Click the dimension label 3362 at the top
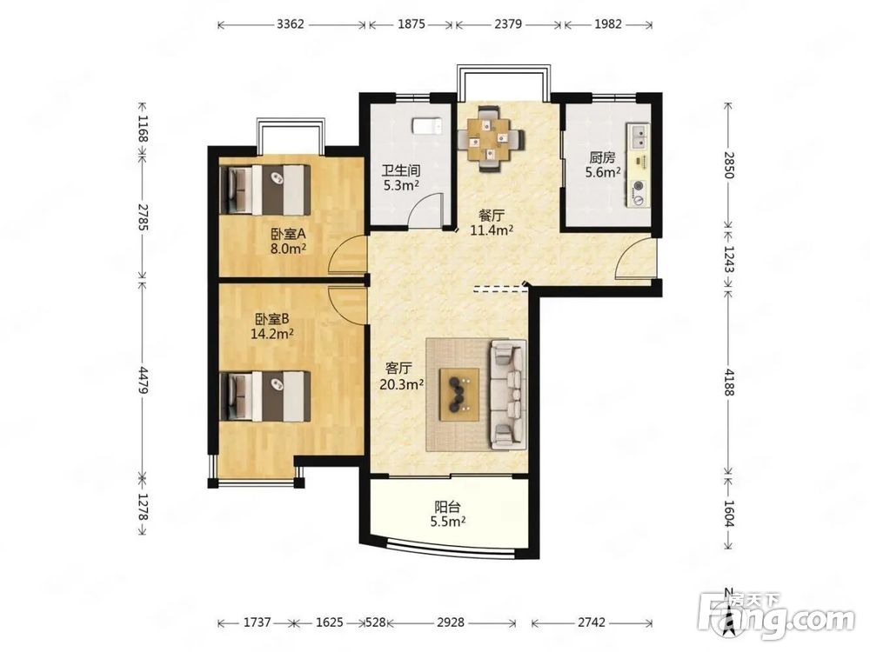[291, 24]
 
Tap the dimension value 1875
[412, 24]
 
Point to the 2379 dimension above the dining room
[508, 24]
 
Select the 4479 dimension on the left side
[144, 380]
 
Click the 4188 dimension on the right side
[729, 382]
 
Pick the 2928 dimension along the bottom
[450, 622]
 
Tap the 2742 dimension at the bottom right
[591, 622]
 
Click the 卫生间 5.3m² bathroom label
[401, 178]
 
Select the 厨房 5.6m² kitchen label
[603, 165]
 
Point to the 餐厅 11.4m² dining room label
[492, 223]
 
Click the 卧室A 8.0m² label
[289, 241]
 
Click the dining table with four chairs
[491, 139]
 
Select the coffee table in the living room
[459, 394]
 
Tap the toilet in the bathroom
[426, 126]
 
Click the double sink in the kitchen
[639, 137]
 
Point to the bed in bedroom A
[265, 190]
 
